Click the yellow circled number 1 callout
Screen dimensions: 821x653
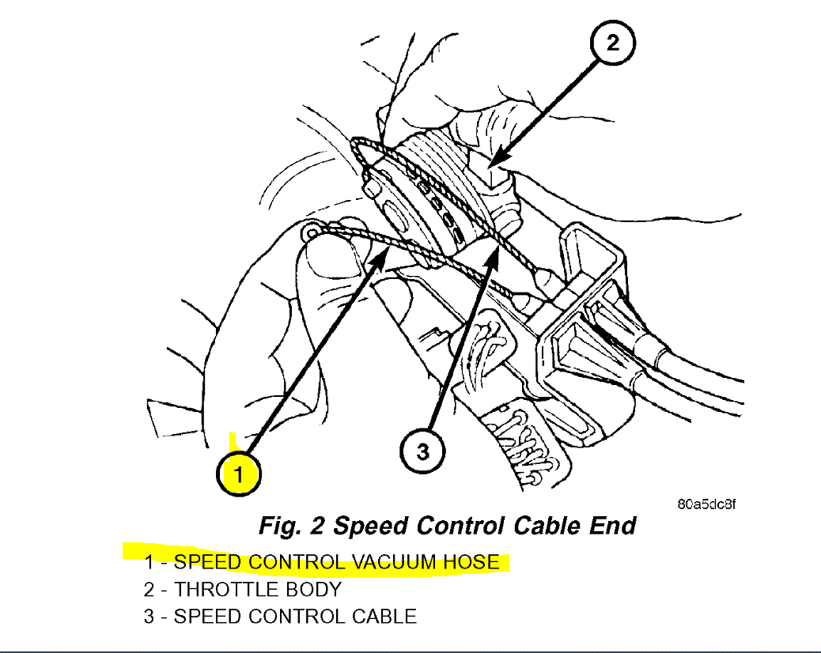[239, 474]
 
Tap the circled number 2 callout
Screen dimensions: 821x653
[613, 43]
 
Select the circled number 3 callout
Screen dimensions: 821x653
[423, 451]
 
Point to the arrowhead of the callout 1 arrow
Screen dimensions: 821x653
[387, 247]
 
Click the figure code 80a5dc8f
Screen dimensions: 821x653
[706, 504]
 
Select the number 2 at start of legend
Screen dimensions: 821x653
[149, 590]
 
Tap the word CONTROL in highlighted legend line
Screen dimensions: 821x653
[297, 563]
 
